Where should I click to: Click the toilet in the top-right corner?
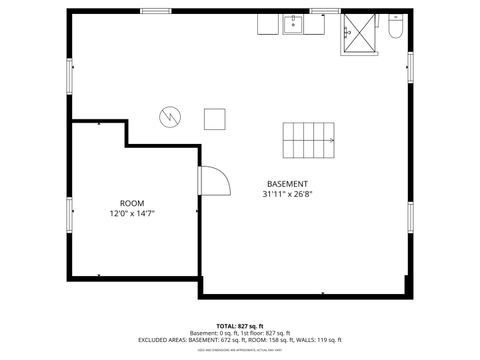point(394,32)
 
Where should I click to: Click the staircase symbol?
point(309,141)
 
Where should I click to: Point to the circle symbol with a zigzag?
point(169,117)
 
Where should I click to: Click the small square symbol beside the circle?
point(214,118)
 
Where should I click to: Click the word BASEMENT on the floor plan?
point(287,184)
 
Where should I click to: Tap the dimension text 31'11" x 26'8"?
point(287,195)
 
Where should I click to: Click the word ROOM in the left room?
point(132,203)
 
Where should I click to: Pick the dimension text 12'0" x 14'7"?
point(132,213)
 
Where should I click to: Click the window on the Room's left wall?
point(69,212)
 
